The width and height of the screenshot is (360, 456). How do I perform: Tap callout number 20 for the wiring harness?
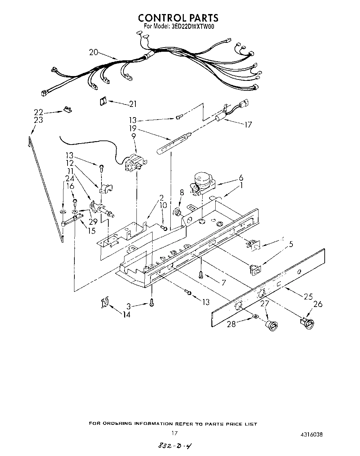[x=94, y=52]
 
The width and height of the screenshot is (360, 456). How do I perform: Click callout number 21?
[x=132, y=104]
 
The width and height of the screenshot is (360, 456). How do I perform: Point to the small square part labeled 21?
[x=103, y=101]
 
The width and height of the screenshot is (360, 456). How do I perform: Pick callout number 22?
[x=38, y=112]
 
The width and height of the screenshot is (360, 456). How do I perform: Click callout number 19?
[x=133, y=128]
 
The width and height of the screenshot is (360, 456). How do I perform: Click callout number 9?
[x=133, y=136]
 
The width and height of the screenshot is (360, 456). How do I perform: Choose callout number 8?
[x=181, y=193]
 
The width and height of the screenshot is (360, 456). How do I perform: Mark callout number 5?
[x=291, y=244]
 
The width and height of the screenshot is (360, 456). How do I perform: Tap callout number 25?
[x=308, y=296]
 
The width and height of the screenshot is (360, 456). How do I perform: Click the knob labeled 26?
[x=307, y=323]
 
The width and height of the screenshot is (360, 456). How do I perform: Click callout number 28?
[x=231, y=323]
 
